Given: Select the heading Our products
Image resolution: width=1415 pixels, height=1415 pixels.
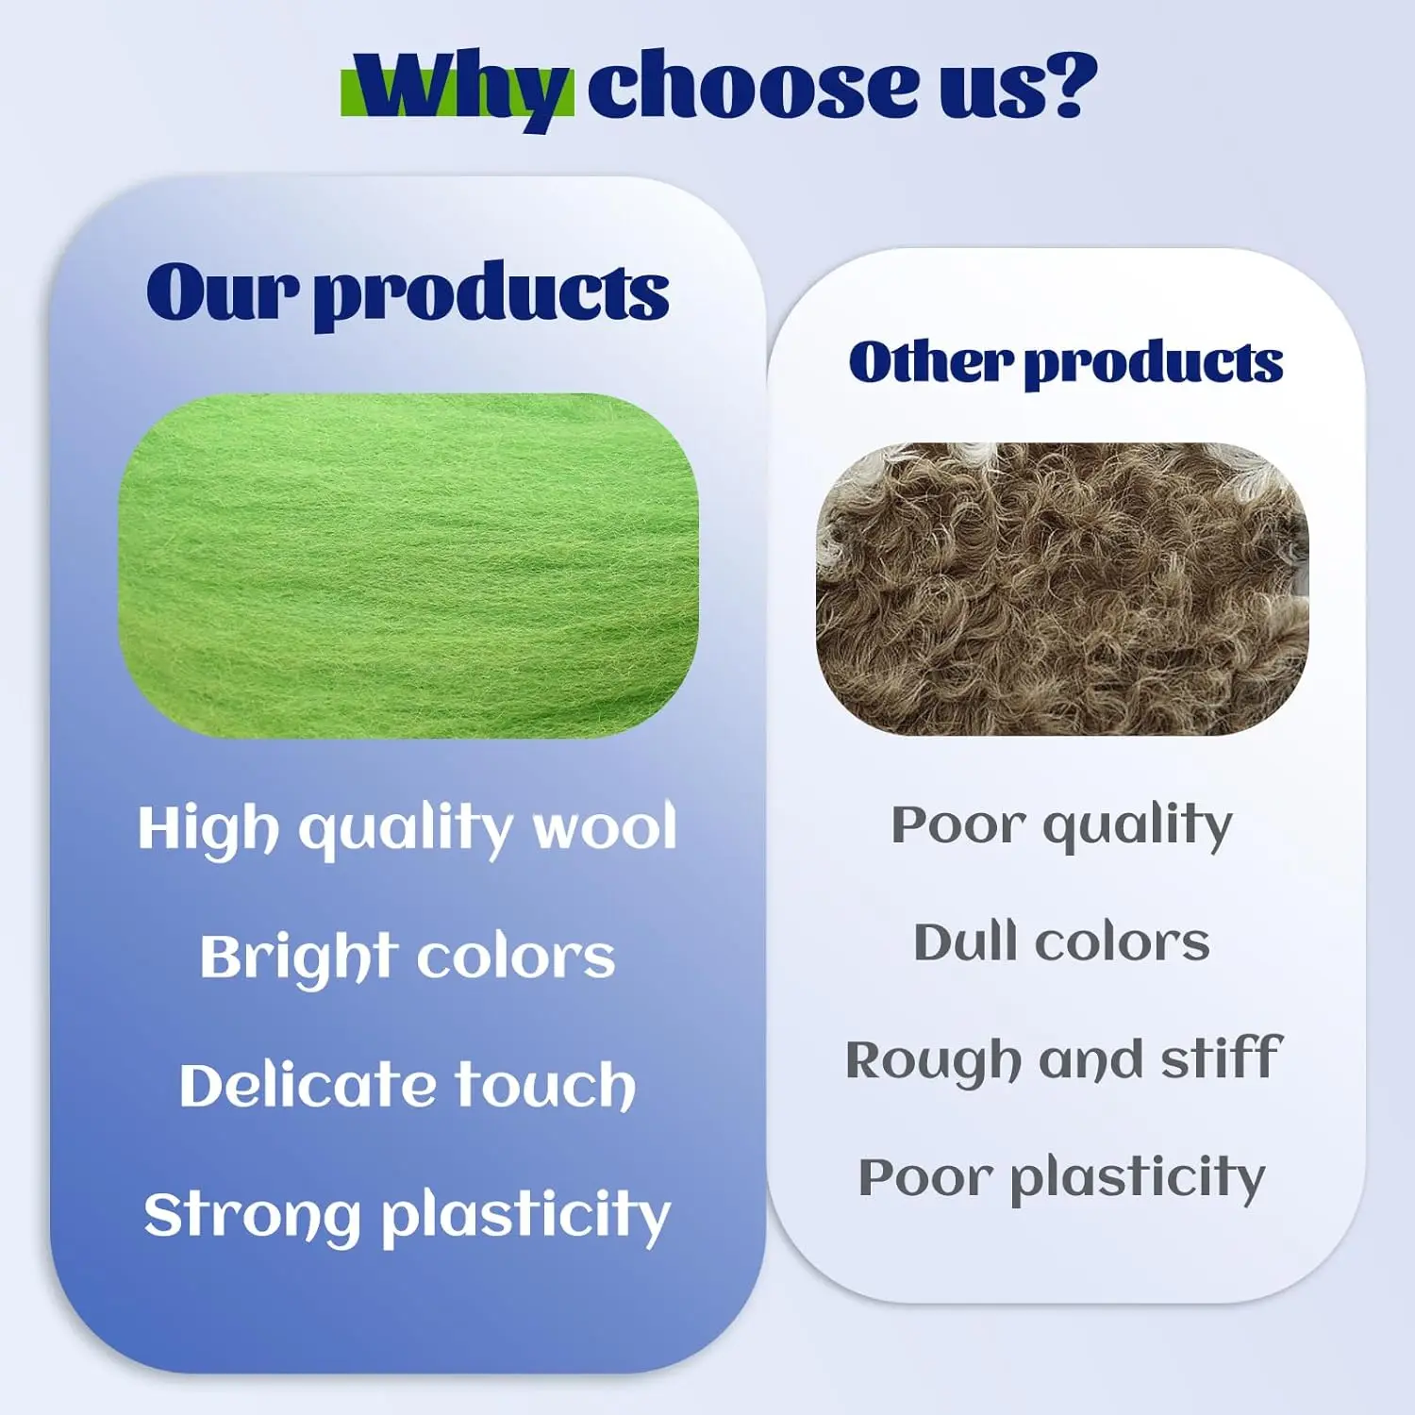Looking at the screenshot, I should point(408,292).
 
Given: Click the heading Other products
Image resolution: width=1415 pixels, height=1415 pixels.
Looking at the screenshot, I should point(1065,363).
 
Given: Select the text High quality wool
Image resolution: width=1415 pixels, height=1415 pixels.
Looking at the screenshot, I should point(408,828).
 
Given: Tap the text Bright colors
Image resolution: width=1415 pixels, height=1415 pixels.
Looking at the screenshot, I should point(408,957).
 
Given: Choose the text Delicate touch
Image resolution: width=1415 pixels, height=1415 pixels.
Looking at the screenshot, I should point(408,1085).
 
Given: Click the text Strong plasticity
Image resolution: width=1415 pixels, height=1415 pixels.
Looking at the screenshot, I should point(408,1215).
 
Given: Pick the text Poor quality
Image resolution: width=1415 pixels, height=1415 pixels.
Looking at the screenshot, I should point(1062,825).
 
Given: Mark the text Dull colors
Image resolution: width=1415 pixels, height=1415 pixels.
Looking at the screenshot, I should point(1062,942).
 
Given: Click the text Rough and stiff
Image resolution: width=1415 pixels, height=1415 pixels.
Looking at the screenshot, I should point(1063,1059).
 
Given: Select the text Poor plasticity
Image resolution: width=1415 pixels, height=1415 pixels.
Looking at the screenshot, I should point(1062,1178).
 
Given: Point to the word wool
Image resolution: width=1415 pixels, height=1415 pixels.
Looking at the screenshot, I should point(605,826).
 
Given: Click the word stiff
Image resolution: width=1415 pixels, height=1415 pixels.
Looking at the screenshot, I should point(1222,1057).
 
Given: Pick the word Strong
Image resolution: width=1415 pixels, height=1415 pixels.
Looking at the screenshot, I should point(253,1216).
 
